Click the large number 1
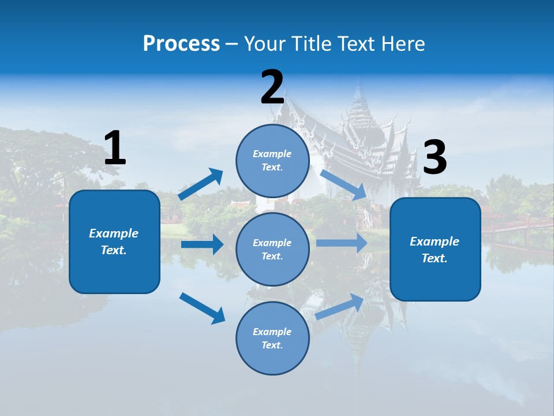click(115, 148)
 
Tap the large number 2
click(272, 87)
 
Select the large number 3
click(435, 158)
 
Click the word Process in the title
click(181, 43)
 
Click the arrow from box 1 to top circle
click(201, 184)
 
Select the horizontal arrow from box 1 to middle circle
click(202, 244)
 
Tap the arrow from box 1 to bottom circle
click(202, 308)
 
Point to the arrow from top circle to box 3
click(343, 184)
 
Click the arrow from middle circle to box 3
click(342, 243)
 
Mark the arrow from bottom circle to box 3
click(340, 306)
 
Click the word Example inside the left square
click(114, 233)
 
